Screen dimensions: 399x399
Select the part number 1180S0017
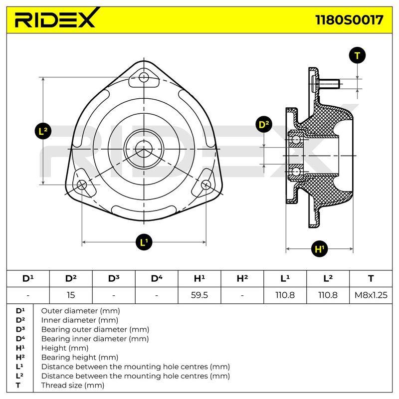(349, 20)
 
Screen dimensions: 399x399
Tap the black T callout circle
(357, 55)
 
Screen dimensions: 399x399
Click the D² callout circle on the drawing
(264, 124)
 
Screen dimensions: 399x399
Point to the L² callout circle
(43, 131)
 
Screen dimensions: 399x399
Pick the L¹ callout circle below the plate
(144, 242)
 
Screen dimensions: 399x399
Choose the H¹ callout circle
(319, 248)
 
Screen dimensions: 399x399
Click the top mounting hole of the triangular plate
(144, 77)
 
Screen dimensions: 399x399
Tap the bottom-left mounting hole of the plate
(82, 185)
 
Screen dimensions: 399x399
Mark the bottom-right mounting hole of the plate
(206, 185)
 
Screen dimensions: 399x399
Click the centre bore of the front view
(144, 149)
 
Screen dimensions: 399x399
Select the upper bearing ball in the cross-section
(296, 140)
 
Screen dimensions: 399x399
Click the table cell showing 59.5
(199, 295)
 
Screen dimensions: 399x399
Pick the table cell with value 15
(71, 295)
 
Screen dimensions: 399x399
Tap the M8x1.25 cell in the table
(371, 295)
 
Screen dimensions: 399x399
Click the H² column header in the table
(242, 279)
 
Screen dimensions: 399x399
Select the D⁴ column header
(157, 279)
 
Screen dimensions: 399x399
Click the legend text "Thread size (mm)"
(73, 385)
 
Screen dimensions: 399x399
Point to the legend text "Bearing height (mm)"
(80, 357)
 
